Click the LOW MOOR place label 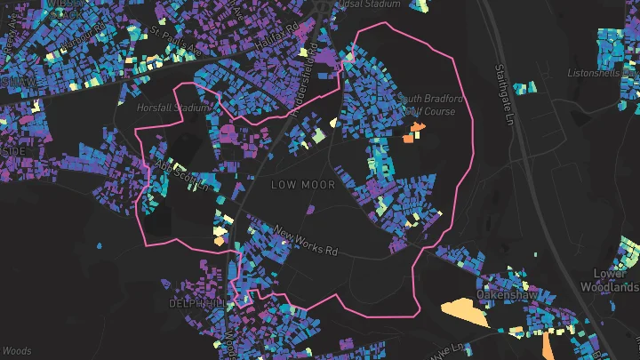pos(303,185)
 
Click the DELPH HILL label pos(198,303)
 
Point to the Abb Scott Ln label pos(181,175)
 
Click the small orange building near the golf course pos(412,136)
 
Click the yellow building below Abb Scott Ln pos(220,236)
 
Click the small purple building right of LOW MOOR pos(310,210)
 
